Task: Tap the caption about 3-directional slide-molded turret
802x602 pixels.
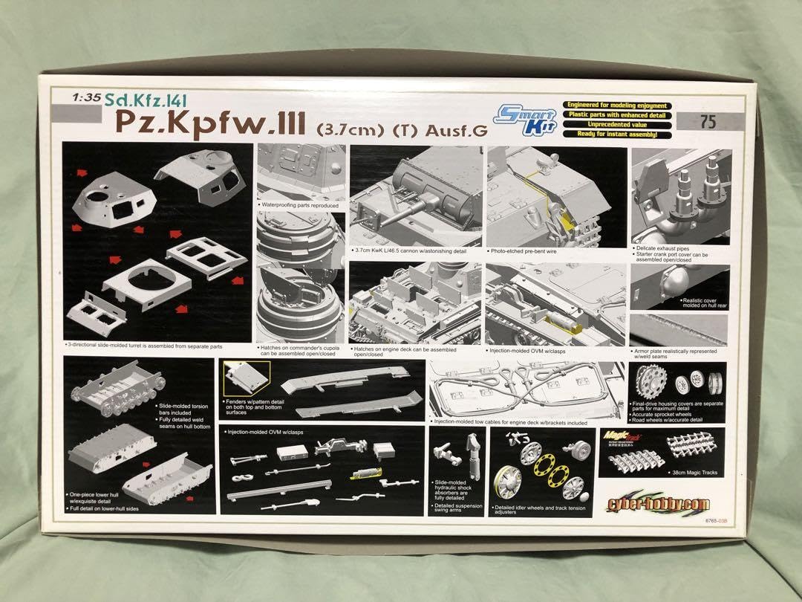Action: (144, 346)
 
